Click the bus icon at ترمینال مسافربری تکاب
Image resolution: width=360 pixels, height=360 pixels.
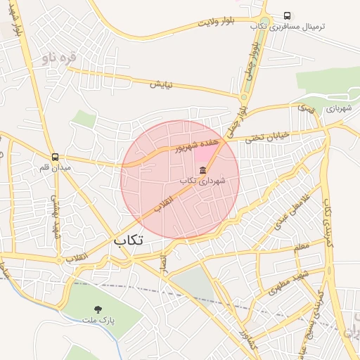click(x=287, y=15)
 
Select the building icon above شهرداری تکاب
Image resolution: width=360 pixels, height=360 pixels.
click(x=202, y=169)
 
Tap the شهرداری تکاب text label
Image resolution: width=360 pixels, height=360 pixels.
click(x=202, y=181)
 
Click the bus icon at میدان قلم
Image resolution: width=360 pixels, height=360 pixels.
click(x=55, y=157)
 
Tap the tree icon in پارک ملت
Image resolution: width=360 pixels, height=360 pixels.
click(x=97, y=309)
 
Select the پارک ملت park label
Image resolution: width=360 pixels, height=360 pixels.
click(x=97, y=321)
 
